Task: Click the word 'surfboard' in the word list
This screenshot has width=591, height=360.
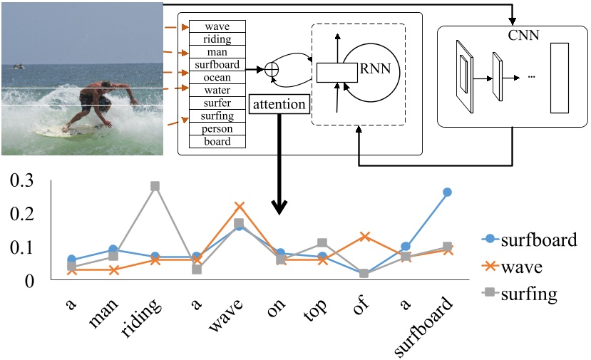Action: (x=217, y=65)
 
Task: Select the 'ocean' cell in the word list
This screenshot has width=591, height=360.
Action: (x=217, y=77)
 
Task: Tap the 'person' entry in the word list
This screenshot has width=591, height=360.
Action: (x=217, y=129)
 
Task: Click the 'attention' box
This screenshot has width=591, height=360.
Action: (x=279, y=105)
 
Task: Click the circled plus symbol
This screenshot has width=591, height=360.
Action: (x=271, y=70)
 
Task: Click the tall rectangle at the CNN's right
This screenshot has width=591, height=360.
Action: (x=560, y=78)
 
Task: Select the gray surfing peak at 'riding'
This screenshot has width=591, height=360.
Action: (x=155, y=186)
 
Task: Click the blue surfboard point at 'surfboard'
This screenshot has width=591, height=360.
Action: (x=447, y=192)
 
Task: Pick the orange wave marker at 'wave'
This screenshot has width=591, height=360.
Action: (x=240, y=207)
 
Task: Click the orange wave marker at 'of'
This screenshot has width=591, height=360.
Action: (x=364, y=236)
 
